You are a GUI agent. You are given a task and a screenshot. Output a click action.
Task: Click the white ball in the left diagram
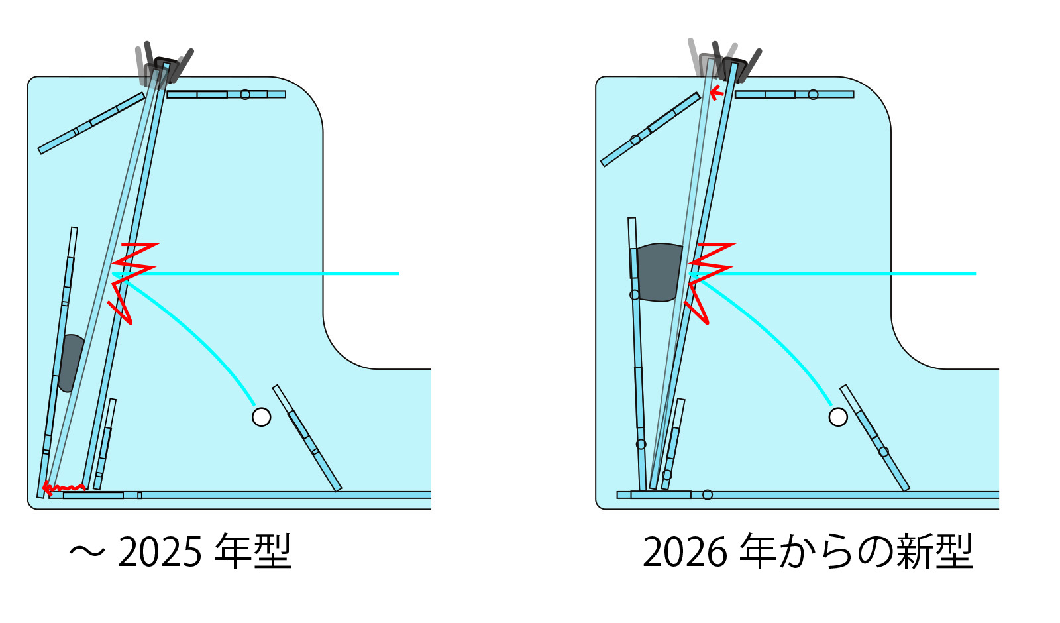click(x=262, y=417)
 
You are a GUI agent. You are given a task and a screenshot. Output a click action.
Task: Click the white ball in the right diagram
click(x=838, y=417)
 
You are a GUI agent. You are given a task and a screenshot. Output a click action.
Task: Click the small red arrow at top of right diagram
click(x=715, y=92)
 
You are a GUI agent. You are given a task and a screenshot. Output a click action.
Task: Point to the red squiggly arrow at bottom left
click(x=63, y=490)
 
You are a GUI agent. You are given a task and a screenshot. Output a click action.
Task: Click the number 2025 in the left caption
click(x=160, y=551)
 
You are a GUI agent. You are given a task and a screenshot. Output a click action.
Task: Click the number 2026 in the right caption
click(x=685, y=551)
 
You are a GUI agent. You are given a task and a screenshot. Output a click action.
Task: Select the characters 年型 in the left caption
click(x=253, y=551)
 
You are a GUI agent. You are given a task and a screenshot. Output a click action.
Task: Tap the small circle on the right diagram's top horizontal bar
click(x=813, y=95)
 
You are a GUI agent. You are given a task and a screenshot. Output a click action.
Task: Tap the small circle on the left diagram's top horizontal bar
click(x=245, y=95)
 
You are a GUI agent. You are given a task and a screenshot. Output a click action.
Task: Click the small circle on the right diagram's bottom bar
click(x=708, y=495)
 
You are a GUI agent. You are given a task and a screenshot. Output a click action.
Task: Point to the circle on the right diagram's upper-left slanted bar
click(x=635, y=140)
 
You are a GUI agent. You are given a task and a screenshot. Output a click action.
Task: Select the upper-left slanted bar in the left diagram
click(x=91, y=123)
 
